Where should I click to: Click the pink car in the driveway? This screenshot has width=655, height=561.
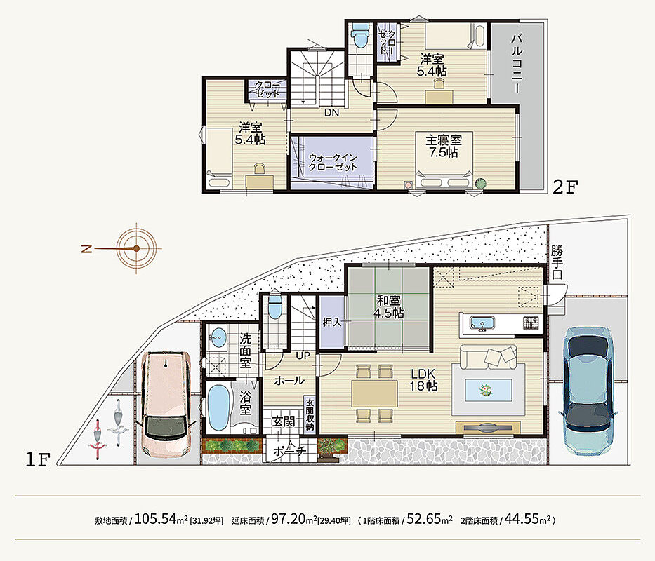tap(166, 405)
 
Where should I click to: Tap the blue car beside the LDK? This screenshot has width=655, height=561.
tap(590, 391)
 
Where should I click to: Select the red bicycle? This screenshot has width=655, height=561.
tap(98, 440)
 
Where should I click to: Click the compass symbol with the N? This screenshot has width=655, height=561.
tap(136, 248)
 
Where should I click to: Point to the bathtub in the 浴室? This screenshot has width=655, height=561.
tap(218, 407)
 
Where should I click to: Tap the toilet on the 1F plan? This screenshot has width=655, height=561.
tap(275, 308)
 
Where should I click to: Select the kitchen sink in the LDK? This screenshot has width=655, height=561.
tap(482, 324)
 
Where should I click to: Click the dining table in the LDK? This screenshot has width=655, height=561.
tap(375, 393)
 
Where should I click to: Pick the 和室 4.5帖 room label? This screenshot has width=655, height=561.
tap(388, 307)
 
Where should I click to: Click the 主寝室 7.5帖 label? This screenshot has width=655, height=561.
tap(443, 146)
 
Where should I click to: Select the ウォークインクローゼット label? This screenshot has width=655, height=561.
tap(333, 163)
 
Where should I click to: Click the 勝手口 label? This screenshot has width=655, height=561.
tap(557, 262)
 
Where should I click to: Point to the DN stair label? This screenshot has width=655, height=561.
tap(331, 113)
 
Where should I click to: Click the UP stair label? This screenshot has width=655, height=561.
tap(303, 356)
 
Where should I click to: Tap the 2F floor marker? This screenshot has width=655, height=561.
tap(564, 187)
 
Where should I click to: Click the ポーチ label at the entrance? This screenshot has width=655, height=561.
tap(289, 451)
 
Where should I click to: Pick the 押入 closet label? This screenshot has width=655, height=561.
tap(332, 323)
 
